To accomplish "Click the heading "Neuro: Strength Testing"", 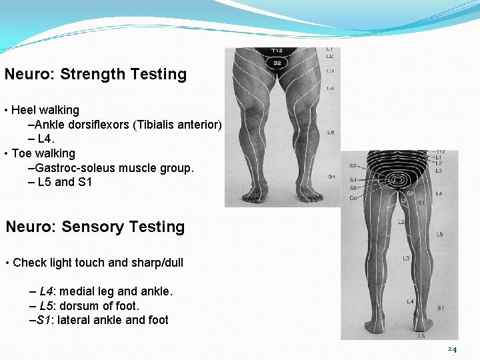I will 95,74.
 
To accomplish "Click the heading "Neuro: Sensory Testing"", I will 95,227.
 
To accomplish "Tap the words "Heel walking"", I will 45,110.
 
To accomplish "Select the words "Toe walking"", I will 43,153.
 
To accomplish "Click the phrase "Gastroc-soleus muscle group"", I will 114,168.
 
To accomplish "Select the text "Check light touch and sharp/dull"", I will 98,263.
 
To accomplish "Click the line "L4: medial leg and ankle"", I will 101,291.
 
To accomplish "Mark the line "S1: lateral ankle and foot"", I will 99,320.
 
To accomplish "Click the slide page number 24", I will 452,349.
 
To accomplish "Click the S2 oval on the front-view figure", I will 277,63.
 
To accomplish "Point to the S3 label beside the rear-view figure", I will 353,166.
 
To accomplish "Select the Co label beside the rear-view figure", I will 353,197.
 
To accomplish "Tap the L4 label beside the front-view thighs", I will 331,88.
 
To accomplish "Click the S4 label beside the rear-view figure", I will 353,180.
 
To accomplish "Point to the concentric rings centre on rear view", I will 400,180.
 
